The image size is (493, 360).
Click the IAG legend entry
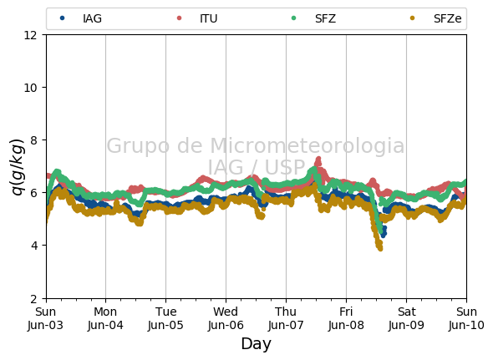pyautogui.click(x=80, y=18)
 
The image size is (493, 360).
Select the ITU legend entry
pyautogui.click(x=197, y=18)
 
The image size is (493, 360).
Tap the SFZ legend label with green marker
pyautogui.click(x=313, y=18)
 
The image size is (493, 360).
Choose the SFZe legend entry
pyautogui.click(x=436, y=18)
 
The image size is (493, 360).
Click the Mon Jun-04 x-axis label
pyautogui.click(x=105, y=318)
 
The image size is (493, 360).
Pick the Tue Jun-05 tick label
pyautogui.click(x=165, y=318)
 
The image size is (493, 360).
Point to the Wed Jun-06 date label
pyautogui.click(x=226, y=318)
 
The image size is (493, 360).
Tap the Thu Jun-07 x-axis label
pyautogui.click(x=286, y=318)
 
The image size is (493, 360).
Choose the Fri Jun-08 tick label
pyautogui.click(x=346, y=318)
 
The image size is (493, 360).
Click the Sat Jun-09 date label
pyautogui.click(x=406, y=318)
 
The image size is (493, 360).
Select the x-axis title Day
pyautogui.click(x=256, y=343)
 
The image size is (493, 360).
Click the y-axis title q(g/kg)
pyautogui.click(x=18, y=167)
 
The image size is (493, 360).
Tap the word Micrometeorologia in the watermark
pyautogui.click(x=307, y=145)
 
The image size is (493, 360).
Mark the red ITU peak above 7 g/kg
pyautogui.click(x=318, y=160)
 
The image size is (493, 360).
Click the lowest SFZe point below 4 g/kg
pyautogui.click(x=380, y=248)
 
